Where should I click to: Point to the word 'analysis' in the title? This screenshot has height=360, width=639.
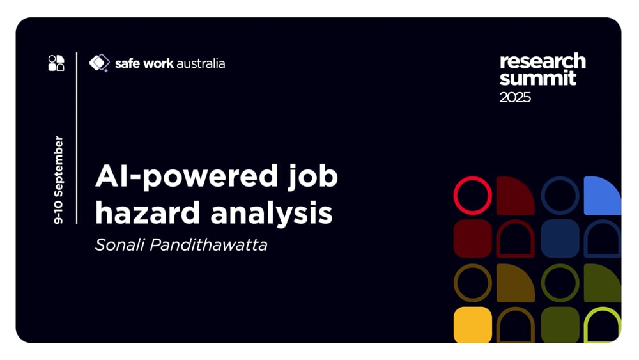click(x=272, y=212)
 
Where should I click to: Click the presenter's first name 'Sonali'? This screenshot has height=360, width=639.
click(x=119, y=244)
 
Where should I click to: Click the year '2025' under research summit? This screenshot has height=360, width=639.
click(x=515, y=97)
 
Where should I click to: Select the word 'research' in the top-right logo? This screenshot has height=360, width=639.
click(x=543, y=61)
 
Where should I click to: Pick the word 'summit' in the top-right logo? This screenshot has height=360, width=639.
click(x=537, y=79)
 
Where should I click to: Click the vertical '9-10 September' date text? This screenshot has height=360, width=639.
click(x=59, y=180)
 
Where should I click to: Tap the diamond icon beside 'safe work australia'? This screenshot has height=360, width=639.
click(x=99, y=63)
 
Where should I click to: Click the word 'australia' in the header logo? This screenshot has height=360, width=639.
click(x=200, y=63)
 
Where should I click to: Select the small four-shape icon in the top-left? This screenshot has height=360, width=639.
click(x=56, y=63)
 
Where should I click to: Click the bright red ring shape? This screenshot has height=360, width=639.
click(x=472, y=195)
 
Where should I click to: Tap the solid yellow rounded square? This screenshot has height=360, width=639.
click(x=472, y=325)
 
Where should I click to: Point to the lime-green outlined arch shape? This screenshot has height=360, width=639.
click(x=602, y=325)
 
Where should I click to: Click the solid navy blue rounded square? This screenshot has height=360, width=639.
click(x=560, y=239)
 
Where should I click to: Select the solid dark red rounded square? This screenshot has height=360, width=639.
click(x=472, y=239)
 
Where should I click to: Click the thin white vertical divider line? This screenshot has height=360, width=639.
click(x=77, y=137)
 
